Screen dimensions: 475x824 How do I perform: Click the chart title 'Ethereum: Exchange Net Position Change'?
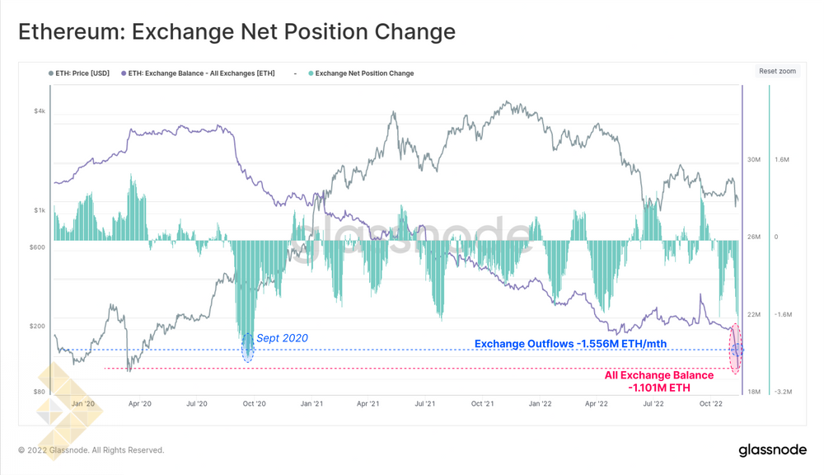[x=236, y=32]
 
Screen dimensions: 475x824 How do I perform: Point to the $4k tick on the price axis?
[x=40, y=111]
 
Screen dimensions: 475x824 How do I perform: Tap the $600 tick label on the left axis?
[x=37, y=247]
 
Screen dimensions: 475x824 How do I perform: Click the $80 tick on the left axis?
[x=40, y=392]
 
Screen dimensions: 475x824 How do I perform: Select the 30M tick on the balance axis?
[x=753, y=159]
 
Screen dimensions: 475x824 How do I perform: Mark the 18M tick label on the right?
[x=753, y=392]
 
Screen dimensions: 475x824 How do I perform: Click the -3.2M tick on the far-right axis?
[x=784, y=392]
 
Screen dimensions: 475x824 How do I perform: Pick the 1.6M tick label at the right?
[x=783, y=159]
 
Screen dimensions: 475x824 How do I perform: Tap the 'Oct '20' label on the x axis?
[x=254, y=404]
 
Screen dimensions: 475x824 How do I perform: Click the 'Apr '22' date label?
[x=597, y=404]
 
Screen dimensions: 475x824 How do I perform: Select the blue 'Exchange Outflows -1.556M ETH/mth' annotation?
[x=570, y=344]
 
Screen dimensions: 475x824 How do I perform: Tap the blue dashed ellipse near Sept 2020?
[x=247, y=347]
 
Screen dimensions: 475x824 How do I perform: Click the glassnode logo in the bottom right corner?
[x=771, y=450]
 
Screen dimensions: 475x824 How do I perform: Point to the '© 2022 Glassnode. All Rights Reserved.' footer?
[x=91, y=450]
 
